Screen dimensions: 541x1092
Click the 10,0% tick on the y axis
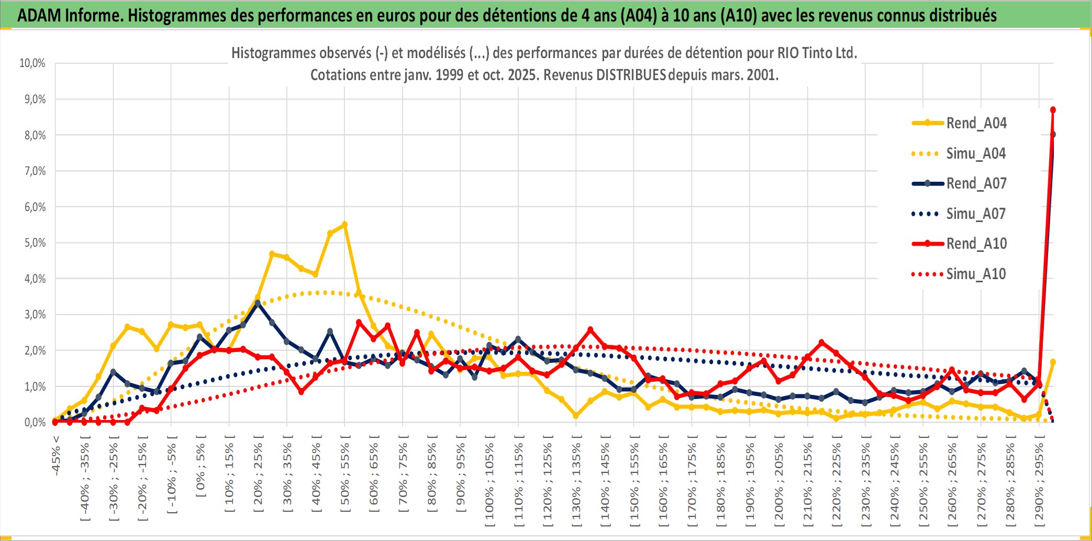[32, 63]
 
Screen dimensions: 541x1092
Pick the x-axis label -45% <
[56, 456]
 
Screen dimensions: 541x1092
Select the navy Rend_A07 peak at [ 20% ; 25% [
[258, 303]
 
